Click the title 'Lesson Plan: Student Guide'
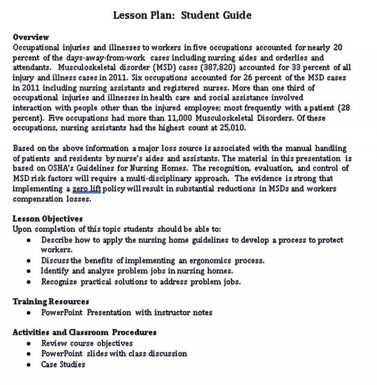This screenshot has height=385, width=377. click(183, 15)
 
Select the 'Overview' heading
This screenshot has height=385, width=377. click(30, 37)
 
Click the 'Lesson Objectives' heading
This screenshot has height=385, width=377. click(47, 218)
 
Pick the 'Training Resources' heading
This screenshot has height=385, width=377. click(51, 302)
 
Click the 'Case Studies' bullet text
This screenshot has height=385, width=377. click(63, 364)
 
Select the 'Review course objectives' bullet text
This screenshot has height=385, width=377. click(87, 343)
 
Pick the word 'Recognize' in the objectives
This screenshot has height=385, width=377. click(58, 282)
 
